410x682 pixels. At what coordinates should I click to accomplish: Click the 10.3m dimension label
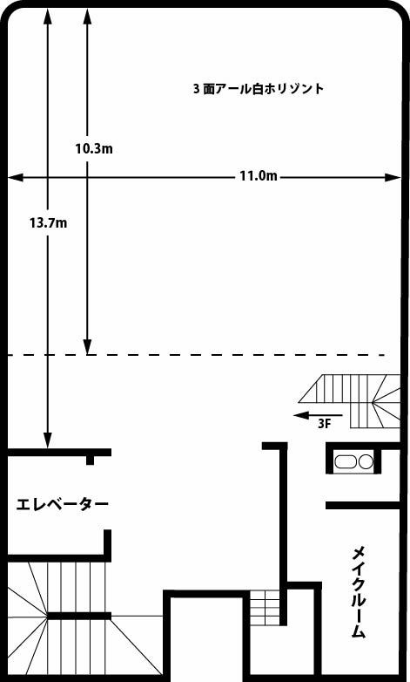coord(94,149)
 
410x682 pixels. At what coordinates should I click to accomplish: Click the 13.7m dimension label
coord(48,223)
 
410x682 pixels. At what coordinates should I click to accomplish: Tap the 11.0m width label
coord(259,176)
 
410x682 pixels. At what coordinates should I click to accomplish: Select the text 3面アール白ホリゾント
coord(259,89)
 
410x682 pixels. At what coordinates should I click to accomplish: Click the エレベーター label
coord(62,505)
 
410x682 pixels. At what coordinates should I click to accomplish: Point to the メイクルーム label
coord(359,592)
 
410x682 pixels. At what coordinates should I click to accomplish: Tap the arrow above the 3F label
coord(318,415)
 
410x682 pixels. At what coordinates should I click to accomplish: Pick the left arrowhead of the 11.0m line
coord(15,177)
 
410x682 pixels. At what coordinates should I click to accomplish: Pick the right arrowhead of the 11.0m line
coord(393,177)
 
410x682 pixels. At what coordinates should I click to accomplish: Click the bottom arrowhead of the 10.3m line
coord(87,347)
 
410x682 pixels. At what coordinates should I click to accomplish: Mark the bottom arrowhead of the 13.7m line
coord(48,440)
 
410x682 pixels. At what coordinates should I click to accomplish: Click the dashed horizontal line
coord(197,355)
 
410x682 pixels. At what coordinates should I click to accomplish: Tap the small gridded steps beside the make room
coord(265,608)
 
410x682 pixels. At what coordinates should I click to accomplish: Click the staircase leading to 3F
coord(350,401)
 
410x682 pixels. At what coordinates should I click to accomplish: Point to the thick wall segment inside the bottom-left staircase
coord(79,616)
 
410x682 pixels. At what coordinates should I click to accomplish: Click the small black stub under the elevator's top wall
coord(90,460)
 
